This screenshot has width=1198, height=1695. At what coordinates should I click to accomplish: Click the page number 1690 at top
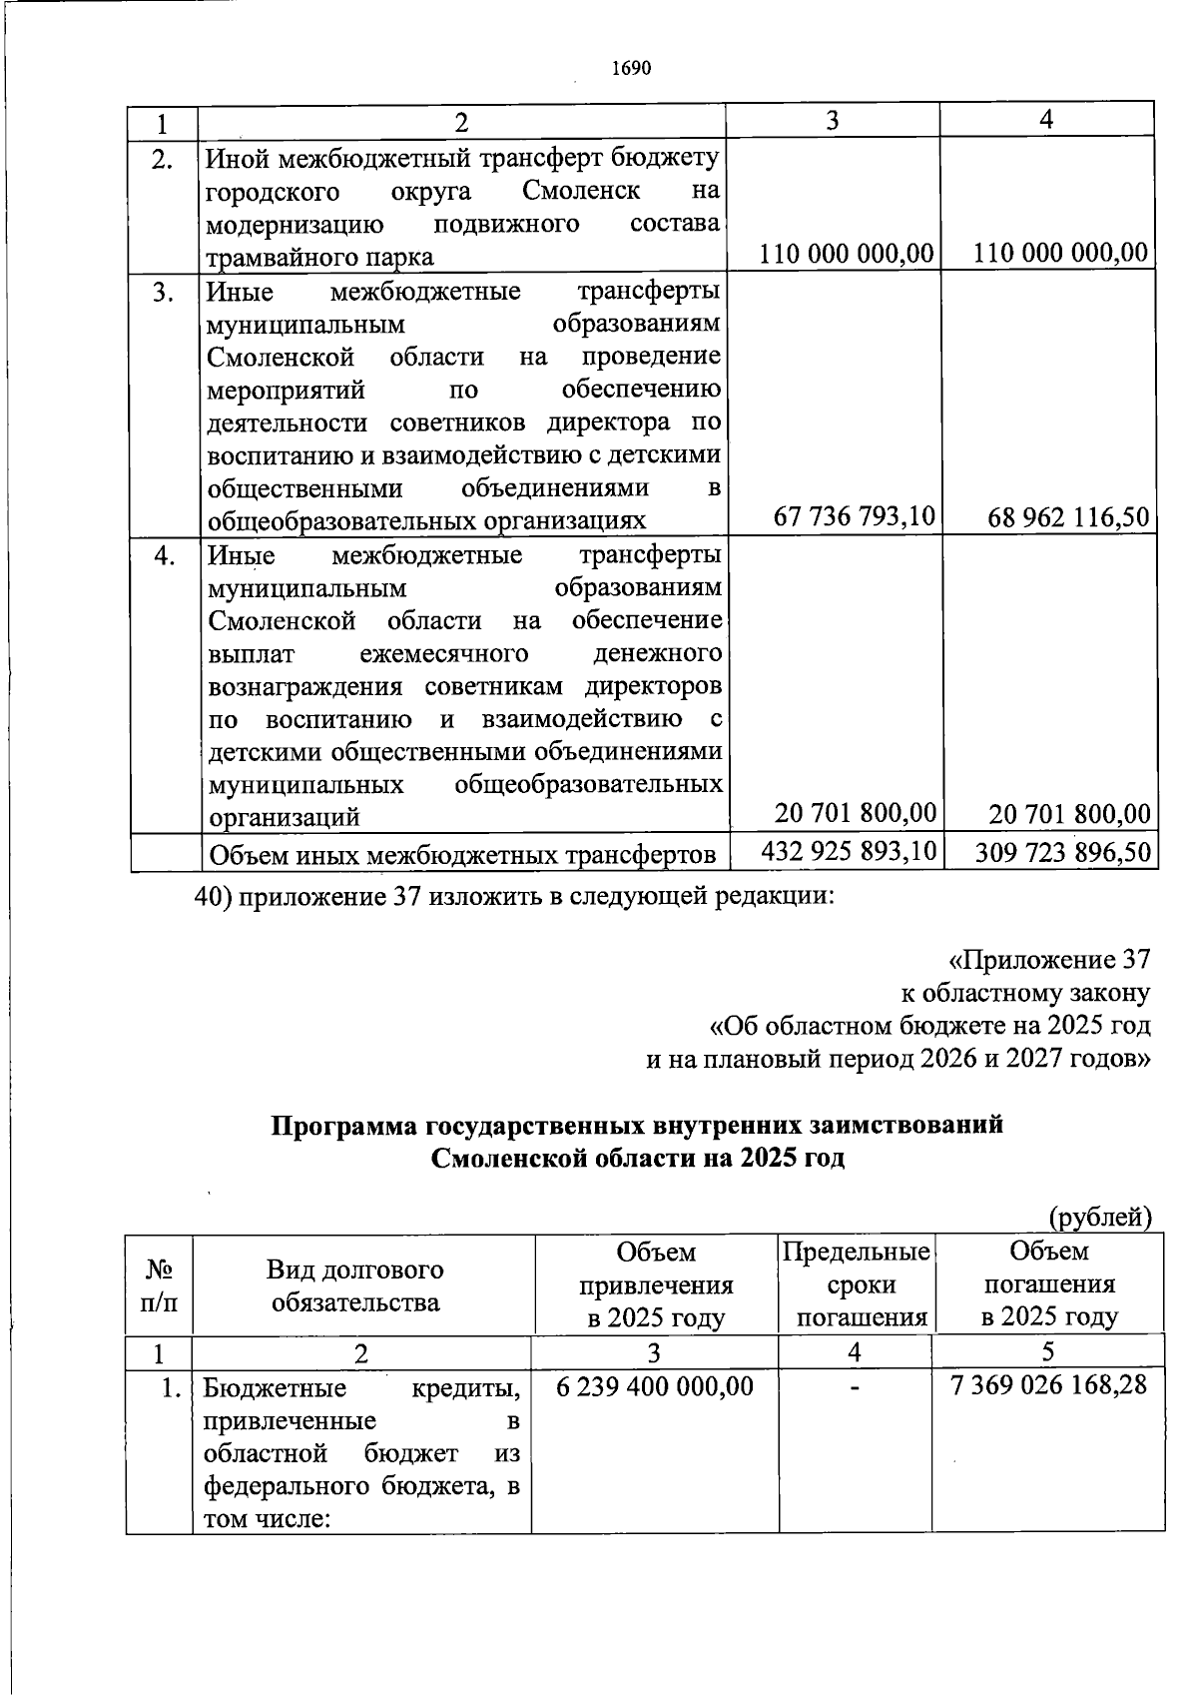[630, 69]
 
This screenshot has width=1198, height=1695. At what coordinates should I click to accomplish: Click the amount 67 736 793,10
[855, 516]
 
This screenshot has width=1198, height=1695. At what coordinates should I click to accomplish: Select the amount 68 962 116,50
[1068, 517]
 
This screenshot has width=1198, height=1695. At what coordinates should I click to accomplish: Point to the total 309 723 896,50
[1062, 852]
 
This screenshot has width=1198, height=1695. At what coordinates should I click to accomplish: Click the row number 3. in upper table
[164, 292]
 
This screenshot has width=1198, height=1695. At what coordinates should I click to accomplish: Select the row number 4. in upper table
[165, 554]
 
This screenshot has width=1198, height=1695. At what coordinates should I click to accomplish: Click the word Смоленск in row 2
[581, 190]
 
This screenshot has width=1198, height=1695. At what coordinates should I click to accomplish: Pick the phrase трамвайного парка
[319, 257]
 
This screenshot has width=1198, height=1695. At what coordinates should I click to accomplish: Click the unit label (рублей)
[1100, 1217]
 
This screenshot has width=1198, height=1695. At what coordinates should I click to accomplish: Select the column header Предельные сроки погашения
[856, 1283]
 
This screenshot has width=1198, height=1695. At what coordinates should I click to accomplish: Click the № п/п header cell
[159, 1285]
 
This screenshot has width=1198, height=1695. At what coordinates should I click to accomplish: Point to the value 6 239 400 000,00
[654, 1386]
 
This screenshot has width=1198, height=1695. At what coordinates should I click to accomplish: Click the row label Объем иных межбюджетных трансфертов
[460, 855]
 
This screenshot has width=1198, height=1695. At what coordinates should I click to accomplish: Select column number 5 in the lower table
[1047, 1352]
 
